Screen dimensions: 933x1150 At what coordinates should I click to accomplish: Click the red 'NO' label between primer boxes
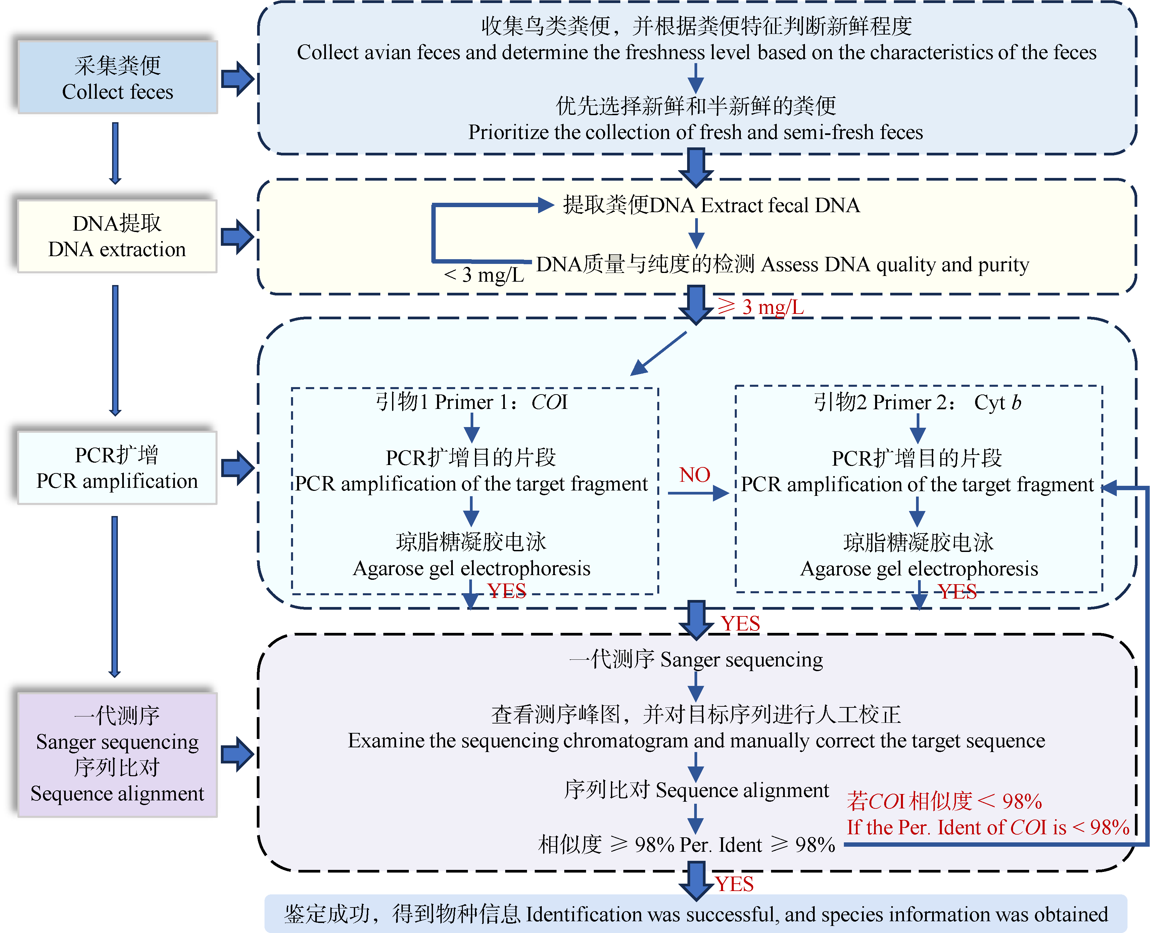694,475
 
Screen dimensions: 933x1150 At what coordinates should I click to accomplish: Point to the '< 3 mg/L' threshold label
484,275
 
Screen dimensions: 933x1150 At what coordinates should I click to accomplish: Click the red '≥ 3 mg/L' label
761,308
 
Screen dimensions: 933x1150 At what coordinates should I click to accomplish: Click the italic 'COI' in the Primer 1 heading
549,402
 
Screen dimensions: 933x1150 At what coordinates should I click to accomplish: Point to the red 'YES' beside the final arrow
734,884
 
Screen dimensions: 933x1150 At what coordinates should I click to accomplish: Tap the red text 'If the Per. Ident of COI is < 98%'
988,828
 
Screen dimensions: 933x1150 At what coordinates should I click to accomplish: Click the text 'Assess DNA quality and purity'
895,265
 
